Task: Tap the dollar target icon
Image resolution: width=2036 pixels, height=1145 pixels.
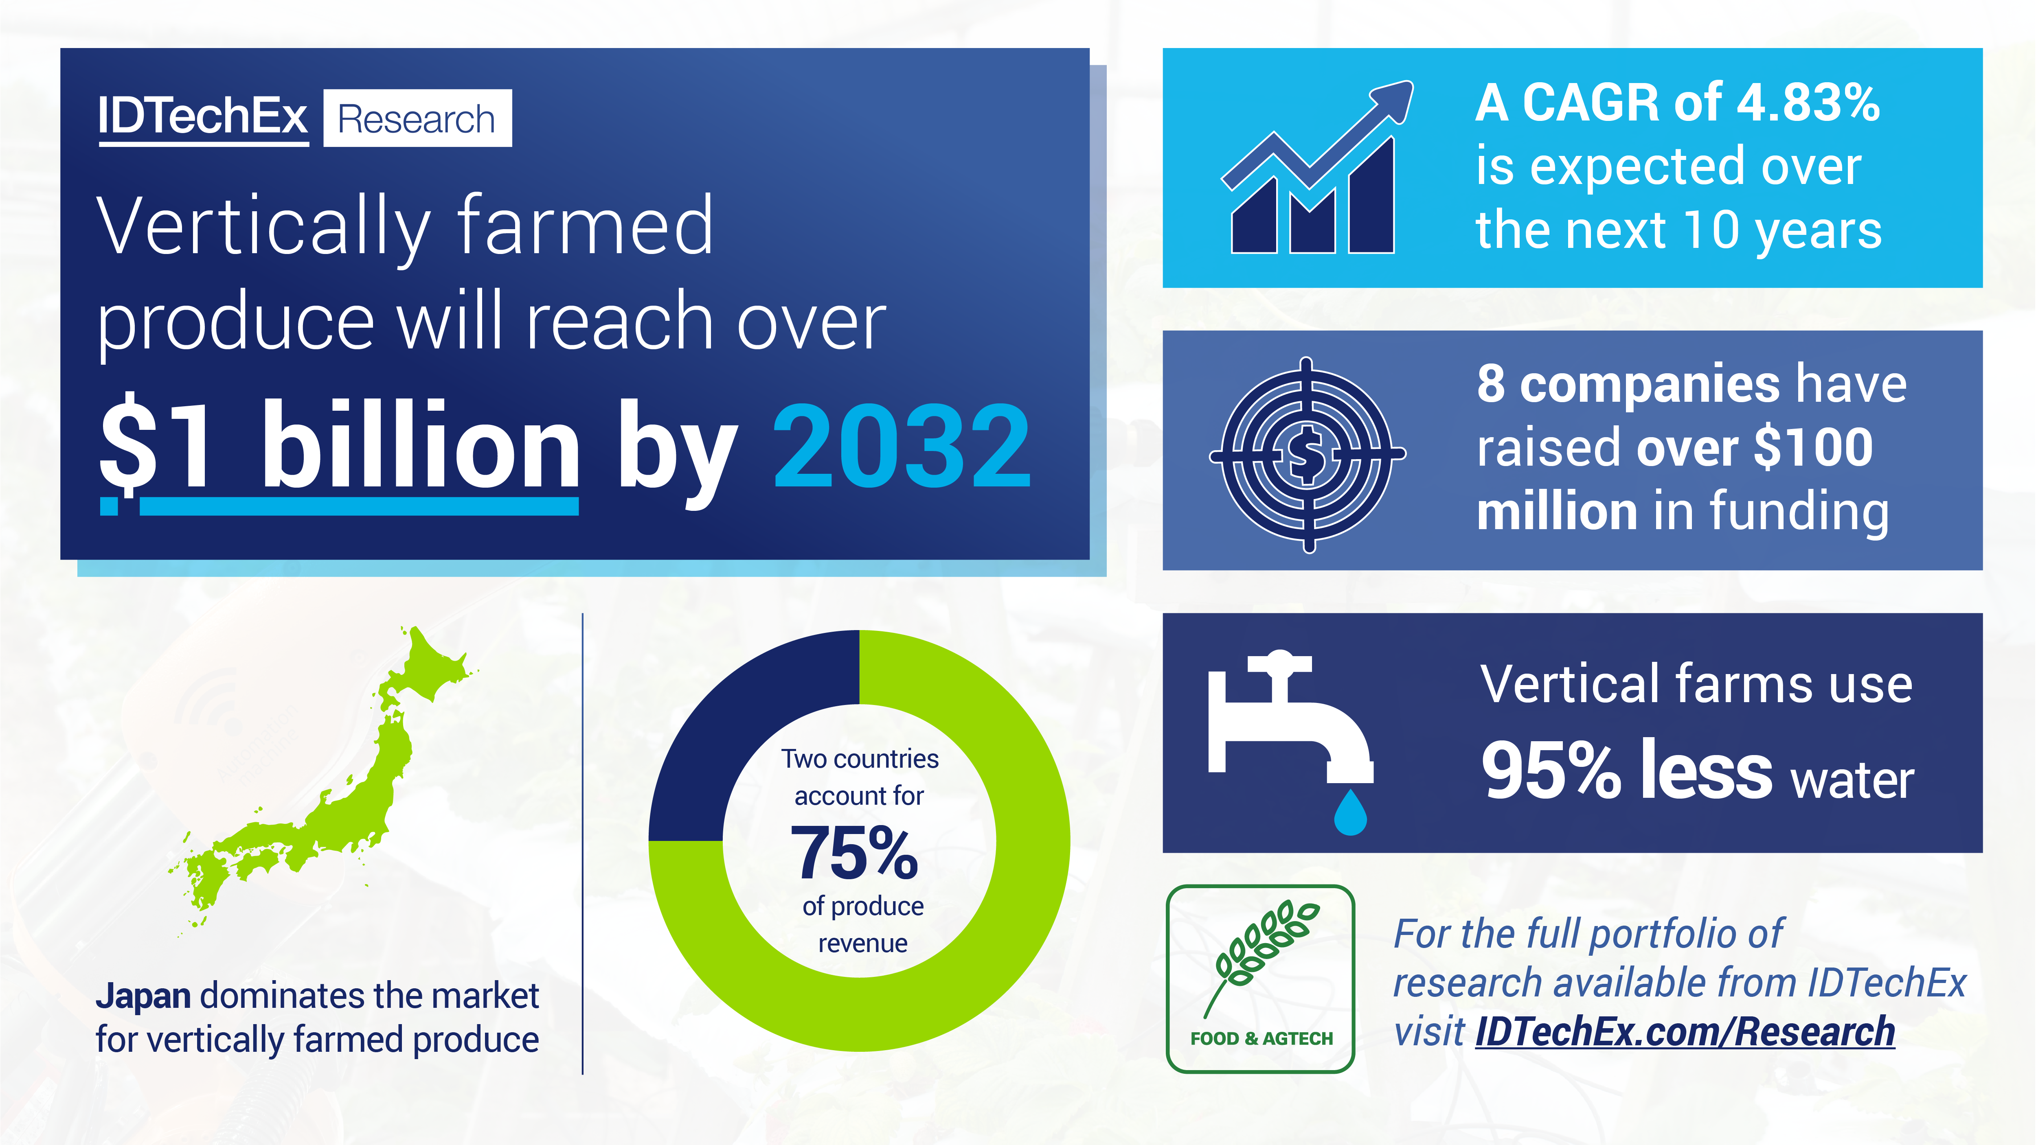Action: pos(1307,454)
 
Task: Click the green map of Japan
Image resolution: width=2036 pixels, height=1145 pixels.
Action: pos(332,790)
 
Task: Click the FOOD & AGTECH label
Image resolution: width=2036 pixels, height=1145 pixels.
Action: pos(1262,1038)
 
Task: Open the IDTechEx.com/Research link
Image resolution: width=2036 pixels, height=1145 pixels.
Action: pos(1685,1032)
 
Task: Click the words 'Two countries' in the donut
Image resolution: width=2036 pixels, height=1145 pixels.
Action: pos(860,759)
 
